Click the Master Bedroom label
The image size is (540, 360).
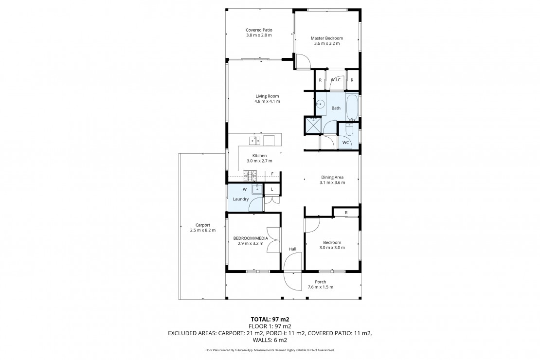[x=327, y=38]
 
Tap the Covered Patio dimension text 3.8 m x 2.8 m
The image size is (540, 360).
[x=259, y=35]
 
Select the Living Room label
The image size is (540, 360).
[x=267, y=96]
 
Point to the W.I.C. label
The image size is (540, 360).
[x=336, y=80]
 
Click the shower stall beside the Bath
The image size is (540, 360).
[x=313, y=126]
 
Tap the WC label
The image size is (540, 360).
[x=345, y=143]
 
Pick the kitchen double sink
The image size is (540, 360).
[x=255, y=140]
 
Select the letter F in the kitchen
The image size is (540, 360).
[x=272, y=174]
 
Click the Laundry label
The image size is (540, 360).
[x=241, y=199]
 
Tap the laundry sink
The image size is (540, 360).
[x=257, y=189]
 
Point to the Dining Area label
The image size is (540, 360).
[x=332, y=178]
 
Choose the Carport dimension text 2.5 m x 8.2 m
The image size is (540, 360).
[x=203, y=230]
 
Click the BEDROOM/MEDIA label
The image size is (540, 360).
[x=251, y=238]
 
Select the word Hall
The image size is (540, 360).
[x=292, y=249]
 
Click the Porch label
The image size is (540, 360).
[x=320, y=282]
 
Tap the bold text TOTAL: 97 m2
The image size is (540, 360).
[x=270, y=319]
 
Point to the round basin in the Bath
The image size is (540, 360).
[x=321, y=103]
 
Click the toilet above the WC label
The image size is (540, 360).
[x=349, y=129]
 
